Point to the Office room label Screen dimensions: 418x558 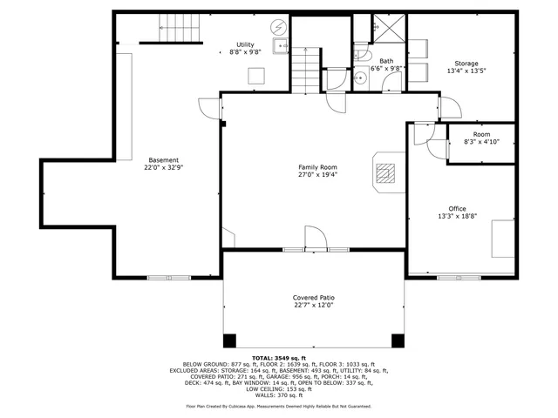(x=457, y=209)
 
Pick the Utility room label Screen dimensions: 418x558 (x=245, y=44)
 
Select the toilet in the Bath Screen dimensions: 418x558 (x=361, y=55)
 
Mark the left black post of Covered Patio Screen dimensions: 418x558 (x=229, y=340)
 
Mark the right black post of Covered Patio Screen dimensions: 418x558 (x=398, y=340)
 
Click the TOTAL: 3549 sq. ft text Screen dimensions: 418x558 (x=279, y=358)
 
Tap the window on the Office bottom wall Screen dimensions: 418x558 (x=458, y=278)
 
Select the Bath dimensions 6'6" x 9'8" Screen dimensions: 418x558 (x=385, y=68)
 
